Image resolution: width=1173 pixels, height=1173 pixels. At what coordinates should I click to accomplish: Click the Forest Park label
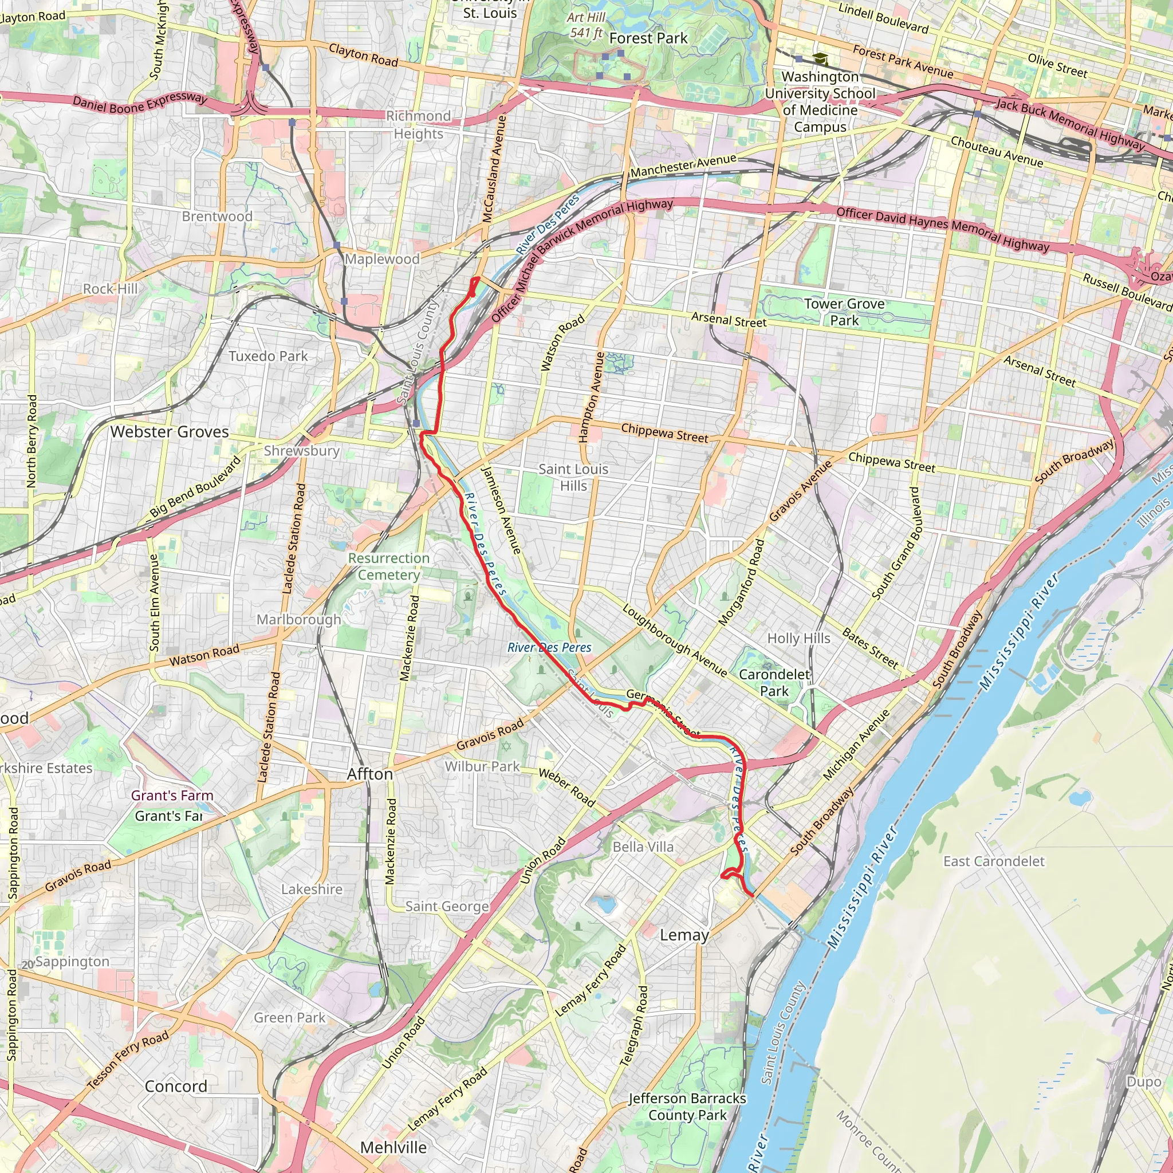tap(648, 38)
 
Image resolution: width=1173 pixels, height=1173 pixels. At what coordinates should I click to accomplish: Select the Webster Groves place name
tap(170, 432)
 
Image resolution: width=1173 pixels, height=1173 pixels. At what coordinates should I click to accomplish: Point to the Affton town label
tap(370, 774)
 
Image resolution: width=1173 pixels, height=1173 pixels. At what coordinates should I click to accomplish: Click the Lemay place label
tap(684, 935)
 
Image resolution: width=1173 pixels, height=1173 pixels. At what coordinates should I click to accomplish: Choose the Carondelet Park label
tap(774, 682)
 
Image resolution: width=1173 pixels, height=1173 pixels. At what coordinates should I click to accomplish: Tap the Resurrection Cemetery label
tap(388, 566)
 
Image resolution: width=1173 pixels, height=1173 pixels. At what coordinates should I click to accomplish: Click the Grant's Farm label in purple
tap(172, 796)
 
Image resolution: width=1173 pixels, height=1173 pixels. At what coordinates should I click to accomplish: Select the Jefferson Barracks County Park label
tap(687, 1106)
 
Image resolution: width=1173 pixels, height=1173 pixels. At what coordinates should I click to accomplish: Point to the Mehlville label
tap(393, 1147)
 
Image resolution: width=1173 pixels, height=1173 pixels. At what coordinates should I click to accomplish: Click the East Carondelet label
tap(994, 861)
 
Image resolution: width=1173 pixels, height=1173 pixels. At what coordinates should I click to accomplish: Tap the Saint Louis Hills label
tap(573, 477)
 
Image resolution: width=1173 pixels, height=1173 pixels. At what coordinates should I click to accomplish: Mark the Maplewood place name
tap(382, 259)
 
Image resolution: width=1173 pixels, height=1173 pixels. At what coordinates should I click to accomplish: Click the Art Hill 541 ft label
tap(586, 25)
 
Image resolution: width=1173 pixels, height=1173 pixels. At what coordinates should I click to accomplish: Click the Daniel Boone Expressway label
tap(140, 103)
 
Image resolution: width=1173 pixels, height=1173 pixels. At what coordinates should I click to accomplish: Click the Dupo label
tap(1143, 1082)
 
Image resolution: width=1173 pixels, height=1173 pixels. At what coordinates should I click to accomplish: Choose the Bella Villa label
tap(643, 847)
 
